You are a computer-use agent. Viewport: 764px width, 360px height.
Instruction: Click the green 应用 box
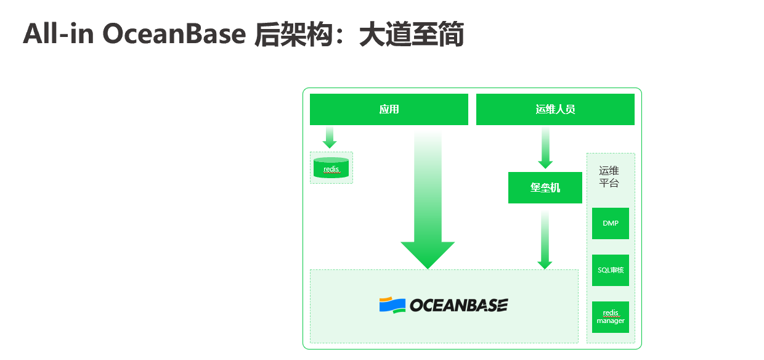click(389, 109)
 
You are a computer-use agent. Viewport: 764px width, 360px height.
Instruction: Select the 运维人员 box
click(555, 109)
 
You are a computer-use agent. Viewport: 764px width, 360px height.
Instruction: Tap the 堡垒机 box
click(545, 187)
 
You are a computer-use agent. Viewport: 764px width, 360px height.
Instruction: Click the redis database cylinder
click(331, 168)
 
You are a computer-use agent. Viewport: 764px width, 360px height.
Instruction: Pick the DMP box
click(611, 223)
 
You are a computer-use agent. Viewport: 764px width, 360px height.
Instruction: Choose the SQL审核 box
click(611, 270)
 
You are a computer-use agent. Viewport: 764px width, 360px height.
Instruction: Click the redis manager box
click(611, 317)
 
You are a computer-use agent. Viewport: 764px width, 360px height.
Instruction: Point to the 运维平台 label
click(609, 177)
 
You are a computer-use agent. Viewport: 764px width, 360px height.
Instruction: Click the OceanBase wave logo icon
click(392, 305)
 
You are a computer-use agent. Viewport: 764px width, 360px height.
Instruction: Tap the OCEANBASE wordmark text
click(458, 305)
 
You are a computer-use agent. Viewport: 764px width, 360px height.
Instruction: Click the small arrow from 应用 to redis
click(330, 137)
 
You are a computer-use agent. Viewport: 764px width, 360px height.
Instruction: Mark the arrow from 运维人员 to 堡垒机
click(545, 148)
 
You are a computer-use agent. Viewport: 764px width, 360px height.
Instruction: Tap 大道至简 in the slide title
click(411, 35)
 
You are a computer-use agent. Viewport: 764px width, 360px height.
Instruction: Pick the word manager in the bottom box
click(611, 321)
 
